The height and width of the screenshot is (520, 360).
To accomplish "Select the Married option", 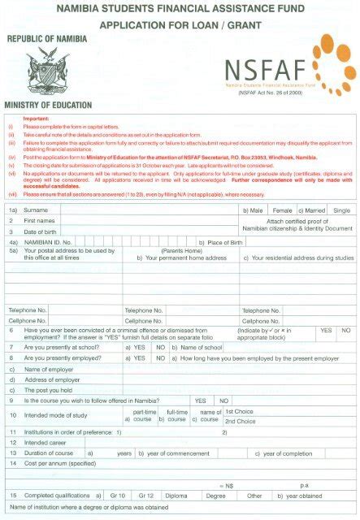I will coord(315,210).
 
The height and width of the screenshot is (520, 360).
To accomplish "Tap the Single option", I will coord(342,210).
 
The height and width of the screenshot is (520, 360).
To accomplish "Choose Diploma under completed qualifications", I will coord(176,495).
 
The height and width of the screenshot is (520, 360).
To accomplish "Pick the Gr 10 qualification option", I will coord(118,495).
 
